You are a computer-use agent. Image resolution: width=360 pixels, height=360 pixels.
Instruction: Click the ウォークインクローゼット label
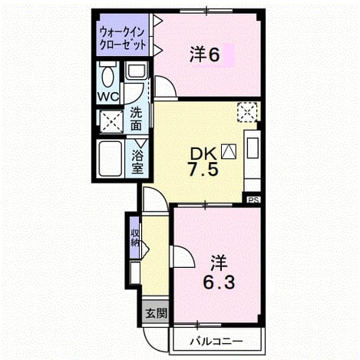point(123,38)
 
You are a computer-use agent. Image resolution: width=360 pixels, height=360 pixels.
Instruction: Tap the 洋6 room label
point(204,54)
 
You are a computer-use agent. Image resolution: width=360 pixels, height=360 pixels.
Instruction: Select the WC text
point(108,97)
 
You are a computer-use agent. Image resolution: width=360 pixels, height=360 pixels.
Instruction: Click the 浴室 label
point(137,162)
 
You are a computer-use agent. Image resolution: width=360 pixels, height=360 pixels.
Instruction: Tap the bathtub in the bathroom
point(111,158)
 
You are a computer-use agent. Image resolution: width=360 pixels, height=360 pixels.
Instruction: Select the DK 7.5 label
point(203,162)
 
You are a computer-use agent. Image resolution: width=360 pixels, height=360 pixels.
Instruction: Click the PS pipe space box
point(253,200)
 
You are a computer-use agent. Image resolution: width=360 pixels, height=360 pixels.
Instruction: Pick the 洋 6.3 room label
point(219,272)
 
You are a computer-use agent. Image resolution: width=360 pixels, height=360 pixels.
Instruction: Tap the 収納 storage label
point(134,238)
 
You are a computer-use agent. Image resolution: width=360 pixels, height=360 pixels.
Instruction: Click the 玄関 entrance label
point(156,313)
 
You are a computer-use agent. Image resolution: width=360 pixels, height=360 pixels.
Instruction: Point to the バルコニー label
point(216,341)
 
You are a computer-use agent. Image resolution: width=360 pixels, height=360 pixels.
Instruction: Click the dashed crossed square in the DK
point(247,112)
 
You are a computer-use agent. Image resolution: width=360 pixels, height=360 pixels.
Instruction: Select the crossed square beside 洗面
point(111,121)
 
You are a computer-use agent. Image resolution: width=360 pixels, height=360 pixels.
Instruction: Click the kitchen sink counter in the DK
point(253,160)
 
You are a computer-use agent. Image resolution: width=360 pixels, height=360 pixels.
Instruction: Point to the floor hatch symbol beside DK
point(229,151)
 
